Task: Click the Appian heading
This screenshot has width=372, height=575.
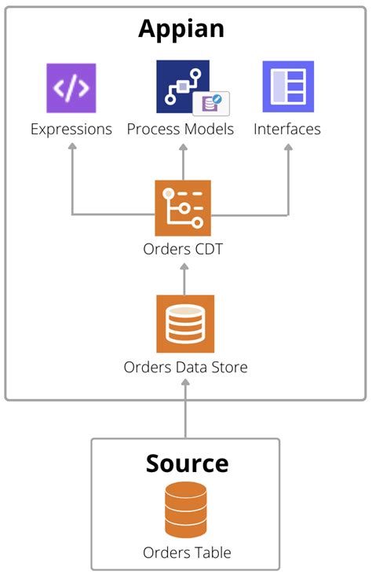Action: pos(181,28)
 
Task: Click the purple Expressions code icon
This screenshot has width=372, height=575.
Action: pos(71,87)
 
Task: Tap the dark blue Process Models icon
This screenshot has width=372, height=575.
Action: pos(182,86)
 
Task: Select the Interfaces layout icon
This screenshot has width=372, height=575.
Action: pos(287,86)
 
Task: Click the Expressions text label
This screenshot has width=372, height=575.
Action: pos(71,130)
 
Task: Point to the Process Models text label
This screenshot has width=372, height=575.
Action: pos(181,130)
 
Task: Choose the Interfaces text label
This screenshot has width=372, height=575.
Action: pos(287,130)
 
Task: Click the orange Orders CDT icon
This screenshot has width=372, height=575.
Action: pos(183,208)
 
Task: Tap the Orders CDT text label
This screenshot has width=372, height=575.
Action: pos(183,250)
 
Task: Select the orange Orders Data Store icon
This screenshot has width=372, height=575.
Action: pos(185,324)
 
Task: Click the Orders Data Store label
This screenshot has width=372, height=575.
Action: pos(185,367)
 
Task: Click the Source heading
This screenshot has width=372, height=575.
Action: pos(187,463)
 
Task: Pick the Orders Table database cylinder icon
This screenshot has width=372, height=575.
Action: pos(185,510)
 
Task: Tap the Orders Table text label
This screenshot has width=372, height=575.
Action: pos(187,552)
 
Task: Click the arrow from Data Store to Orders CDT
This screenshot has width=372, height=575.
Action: pos(184,278)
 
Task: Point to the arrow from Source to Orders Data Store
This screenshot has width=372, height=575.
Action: pos(186,408)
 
